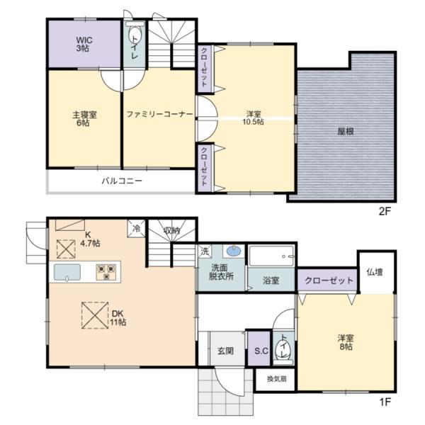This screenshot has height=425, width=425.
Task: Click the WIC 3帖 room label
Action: point(84,44)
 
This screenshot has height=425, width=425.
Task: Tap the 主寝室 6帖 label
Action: point(84,119)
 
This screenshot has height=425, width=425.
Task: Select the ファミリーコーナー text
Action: point(159,114)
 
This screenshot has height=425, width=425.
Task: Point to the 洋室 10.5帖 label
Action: point(253,118)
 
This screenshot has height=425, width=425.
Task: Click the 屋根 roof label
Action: point(346,132)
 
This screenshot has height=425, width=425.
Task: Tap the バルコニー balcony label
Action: point(122,181)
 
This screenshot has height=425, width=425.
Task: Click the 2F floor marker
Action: point(385,211)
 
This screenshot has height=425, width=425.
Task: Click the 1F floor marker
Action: point(385,402)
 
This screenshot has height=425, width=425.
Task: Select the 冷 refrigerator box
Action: point(136,229)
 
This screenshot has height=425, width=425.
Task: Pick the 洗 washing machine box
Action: point(205,251)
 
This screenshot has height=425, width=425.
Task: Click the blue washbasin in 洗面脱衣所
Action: point(233,251)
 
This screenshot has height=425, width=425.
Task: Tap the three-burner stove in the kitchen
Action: point(106,272)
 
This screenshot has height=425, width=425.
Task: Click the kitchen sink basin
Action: point(67,272)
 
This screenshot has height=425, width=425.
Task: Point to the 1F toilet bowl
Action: point(283,350)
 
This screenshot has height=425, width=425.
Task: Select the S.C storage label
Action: point(261,351)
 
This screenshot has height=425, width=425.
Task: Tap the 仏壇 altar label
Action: point(375,272)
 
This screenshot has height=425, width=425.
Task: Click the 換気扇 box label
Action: point(276,379)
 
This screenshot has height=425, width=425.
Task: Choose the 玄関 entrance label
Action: point(225,351)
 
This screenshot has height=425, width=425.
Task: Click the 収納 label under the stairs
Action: point(171,231)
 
